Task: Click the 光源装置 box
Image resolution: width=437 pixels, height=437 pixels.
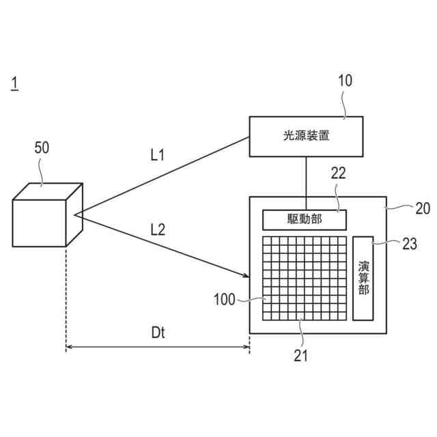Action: pyautogui.click(x=305, y=136)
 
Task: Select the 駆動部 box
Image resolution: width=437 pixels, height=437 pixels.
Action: pyautogui.click(x=305, y=220)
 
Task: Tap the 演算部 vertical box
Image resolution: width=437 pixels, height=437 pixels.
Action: pyautogui.click(x=363, y=279)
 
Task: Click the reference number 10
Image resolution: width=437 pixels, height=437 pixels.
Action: pyautogui.click(x=345, y=81)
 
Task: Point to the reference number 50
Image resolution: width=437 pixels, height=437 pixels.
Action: pyautogui.click(x=42, y=147)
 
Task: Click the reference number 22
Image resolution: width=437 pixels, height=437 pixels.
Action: pyautogui.click(x=339, y=173)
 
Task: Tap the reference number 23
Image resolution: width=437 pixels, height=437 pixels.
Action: pyautogui.click(x=410, y=244)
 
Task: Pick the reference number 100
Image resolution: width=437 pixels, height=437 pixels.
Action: pyautogui.click(x=225, y=299)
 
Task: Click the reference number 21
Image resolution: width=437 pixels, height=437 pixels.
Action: pyautogui.click(x=301, y=354)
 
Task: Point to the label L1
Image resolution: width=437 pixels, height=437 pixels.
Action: pyautogui.click(x=158, y=155)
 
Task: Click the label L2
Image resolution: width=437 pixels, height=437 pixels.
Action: pyautogui.click(x=157, y=230)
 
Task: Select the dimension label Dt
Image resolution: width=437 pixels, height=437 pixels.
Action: pyautogui.click(x=158, y=333)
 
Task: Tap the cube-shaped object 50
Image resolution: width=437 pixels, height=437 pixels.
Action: pyautogui.click(x=46, y=215)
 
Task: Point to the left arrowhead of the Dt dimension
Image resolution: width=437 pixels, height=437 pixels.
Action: pyautogui.click(x=69, y=348)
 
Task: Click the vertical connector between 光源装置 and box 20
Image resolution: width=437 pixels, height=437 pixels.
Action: pyautogui.click(x=305, y=177)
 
